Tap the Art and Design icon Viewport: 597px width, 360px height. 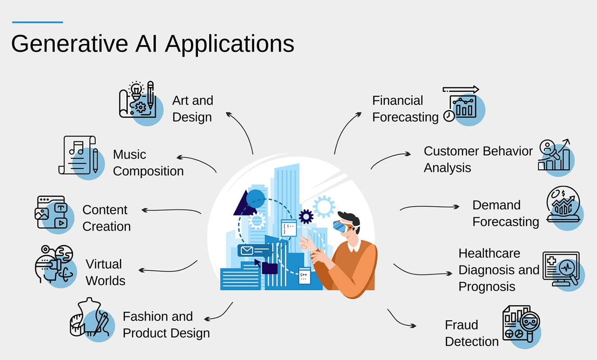pyautogui.click(x=138, y=101)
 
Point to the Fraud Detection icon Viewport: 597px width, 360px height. pyautogui.click(x=521, y=324)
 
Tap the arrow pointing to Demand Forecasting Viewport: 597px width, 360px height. pyautogui.click(x=430, y=207)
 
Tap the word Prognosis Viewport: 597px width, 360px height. pyautogui.click(x=487, y=287)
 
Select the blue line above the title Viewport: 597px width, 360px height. pyautogui.click(x=37, y=22)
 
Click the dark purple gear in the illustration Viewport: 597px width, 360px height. pyautogui.click(x=306, y=216)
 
